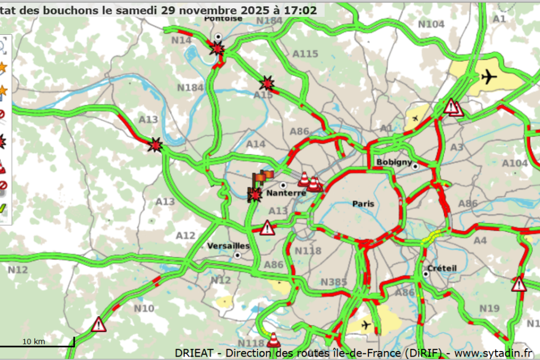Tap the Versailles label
(228, 246)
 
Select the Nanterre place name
(286, 193)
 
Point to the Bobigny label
(394, 162)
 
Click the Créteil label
(442, 268)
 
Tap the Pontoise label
(223, 18)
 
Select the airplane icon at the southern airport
(366, 325)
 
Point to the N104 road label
(431, 24)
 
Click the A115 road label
(305, 54)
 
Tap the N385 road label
(334, 281)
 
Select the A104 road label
(515, 163)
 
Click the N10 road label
(144, 308)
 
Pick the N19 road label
(489, 308)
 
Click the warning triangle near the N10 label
(99, 324)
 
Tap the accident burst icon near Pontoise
(217, 49)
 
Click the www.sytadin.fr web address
(493, 353)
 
